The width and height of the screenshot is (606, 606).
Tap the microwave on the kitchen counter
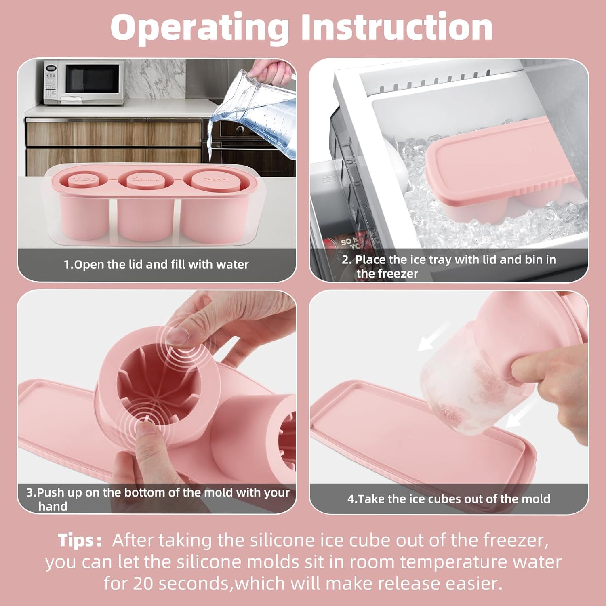[84, 82]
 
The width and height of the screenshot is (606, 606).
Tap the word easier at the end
[474, 584]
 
